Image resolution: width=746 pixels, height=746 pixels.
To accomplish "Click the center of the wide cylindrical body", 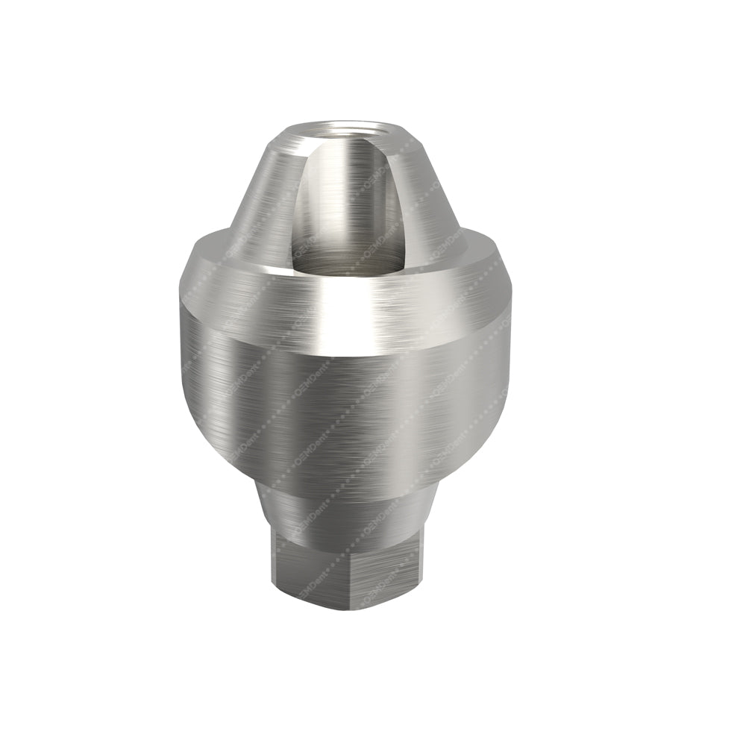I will pyautogui.click(x=343, y=403).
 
